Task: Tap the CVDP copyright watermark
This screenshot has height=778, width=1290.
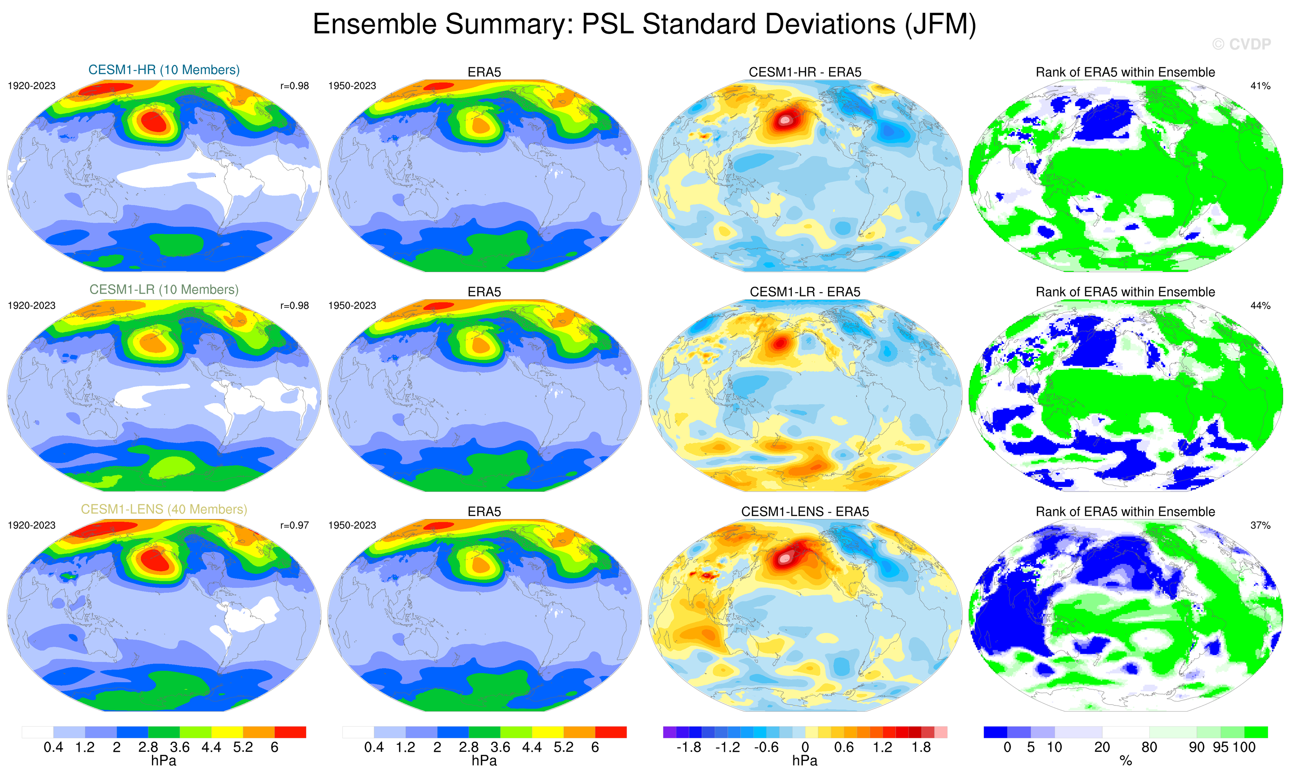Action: point(1241,44)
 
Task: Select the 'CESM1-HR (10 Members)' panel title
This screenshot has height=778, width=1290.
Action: point(164,70)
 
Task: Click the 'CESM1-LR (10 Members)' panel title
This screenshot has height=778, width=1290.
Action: point(164,290)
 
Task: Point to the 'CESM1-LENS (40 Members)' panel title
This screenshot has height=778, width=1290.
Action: point(164,509)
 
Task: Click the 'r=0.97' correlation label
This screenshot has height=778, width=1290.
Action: point(294,525)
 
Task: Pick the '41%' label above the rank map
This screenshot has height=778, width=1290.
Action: point(1260,86)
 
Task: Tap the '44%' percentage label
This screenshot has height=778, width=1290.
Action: point(1260,306)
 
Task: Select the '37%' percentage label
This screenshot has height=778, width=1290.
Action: point(1260,525)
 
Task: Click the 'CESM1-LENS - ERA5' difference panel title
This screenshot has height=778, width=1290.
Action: point(805,512)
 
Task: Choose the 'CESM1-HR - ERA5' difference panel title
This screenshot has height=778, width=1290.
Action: point(805,72)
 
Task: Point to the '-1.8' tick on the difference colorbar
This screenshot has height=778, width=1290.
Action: point(689,747)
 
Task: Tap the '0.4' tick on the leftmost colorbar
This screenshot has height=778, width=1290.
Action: point(54,747)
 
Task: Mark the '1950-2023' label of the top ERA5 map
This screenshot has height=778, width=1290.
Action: point(352,86)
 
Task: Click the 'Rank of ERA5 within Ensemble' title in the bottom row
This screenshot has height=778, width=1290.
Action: point(1125,512)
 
